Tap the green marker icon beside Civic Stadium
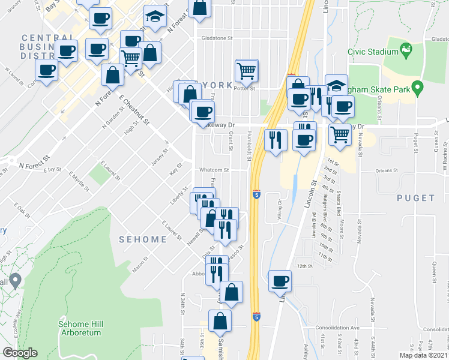(x=405, y=48)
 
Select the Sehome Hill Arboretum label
(x=80, y=328)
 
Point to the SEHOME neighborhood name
(x=142, y=239)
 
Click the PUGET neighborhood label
(x=415, y=198)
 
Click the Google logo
(x=20, y=353)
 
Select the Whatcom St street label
(x=214, y=170)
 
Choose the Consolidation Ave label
(x=337, y=328)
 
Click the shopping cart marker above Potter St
(x=247, y=71)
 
